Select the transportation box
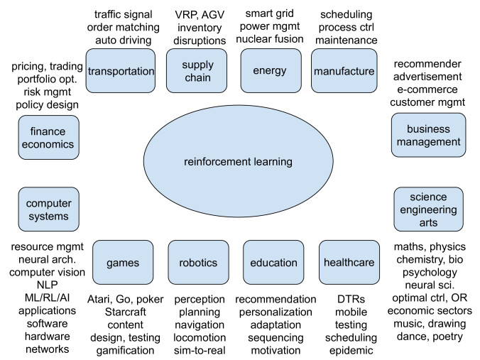coord(120,70)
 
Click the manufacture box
coord(342,70)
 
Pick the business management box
coord(428,136)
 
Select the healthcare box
coord(348,262)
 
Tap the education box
coord(273,262)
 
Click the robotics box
coord(198,262)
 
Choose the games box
coord(123,262)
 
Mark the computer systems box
coord(48,208)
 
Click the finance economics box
coord(48,137)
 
